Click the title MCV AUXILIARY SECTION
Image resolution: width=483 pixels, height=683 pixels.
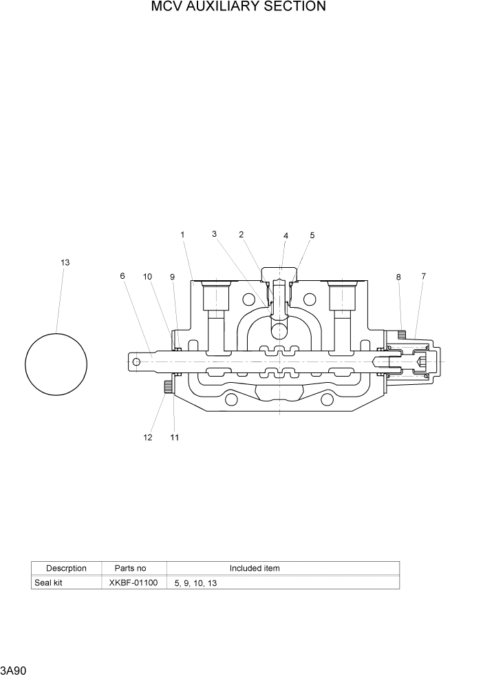(239, 7)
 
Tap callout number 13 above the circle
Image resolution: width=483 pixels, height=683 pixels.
(65, 262)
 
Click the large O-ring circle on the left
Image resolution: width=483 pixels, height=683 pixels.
(56, 364)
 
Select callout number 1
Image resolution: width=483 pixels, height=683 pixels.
(183, 235)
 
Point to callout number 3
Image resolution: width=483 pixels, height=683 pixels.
(215, 234)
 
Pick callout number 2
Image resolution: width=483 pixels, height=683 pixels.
(241, 235)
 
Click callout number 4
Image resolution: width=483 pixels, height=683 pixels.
(286, 235)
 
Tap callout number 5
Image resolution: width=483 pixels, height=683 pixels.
(312, 235)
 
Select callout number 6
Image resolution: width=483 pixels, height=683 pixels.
(122, 276)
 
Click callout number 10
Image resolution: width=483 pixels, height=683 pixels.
(147, 276)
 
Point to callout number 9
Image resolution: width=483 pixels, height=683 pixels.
(173, 276)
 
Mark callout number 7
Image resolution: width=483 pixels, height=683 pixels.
(423, 276)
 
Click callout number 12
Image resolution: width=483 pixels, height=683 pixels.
(147, 437)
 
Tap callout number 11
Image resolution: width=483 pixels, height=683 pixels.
(174, 437)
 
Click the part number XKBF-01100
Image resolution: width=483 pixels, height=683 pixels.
(133, 582)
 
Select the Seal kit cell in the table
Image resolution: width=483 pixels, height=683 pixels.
(48, 582)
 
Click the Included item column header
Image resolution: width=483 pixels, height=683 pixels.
(255, 568)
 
